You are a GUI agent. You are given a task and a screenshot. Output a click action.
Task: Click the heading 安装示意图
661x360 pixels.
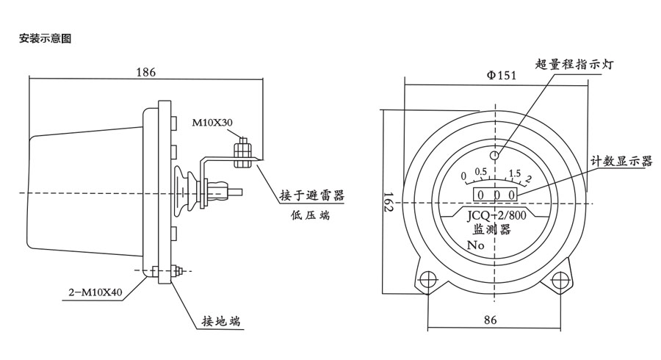[x=45, y=38]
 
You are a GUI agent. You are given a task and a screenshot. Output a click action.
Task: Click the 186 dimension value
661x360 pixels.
[x=146, y=72]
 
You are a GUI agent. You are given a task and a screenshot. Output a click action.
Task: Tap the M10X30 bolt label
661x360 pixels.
[x=213, y=122]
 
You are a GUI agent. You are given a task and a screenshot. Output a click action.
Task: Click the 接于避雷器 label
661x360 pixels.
[x=311, y=196]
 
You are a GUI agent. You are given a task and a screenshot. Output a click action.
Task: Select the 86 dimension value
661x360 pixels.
[x=491, y=320]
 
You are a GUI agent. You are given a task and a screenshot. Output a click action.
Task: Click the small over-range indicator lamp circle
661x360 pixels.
[x=495, y=155]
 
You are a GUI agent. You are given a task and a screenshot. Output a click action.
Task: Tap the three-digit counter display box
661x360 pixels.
[x=495, y=195]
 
